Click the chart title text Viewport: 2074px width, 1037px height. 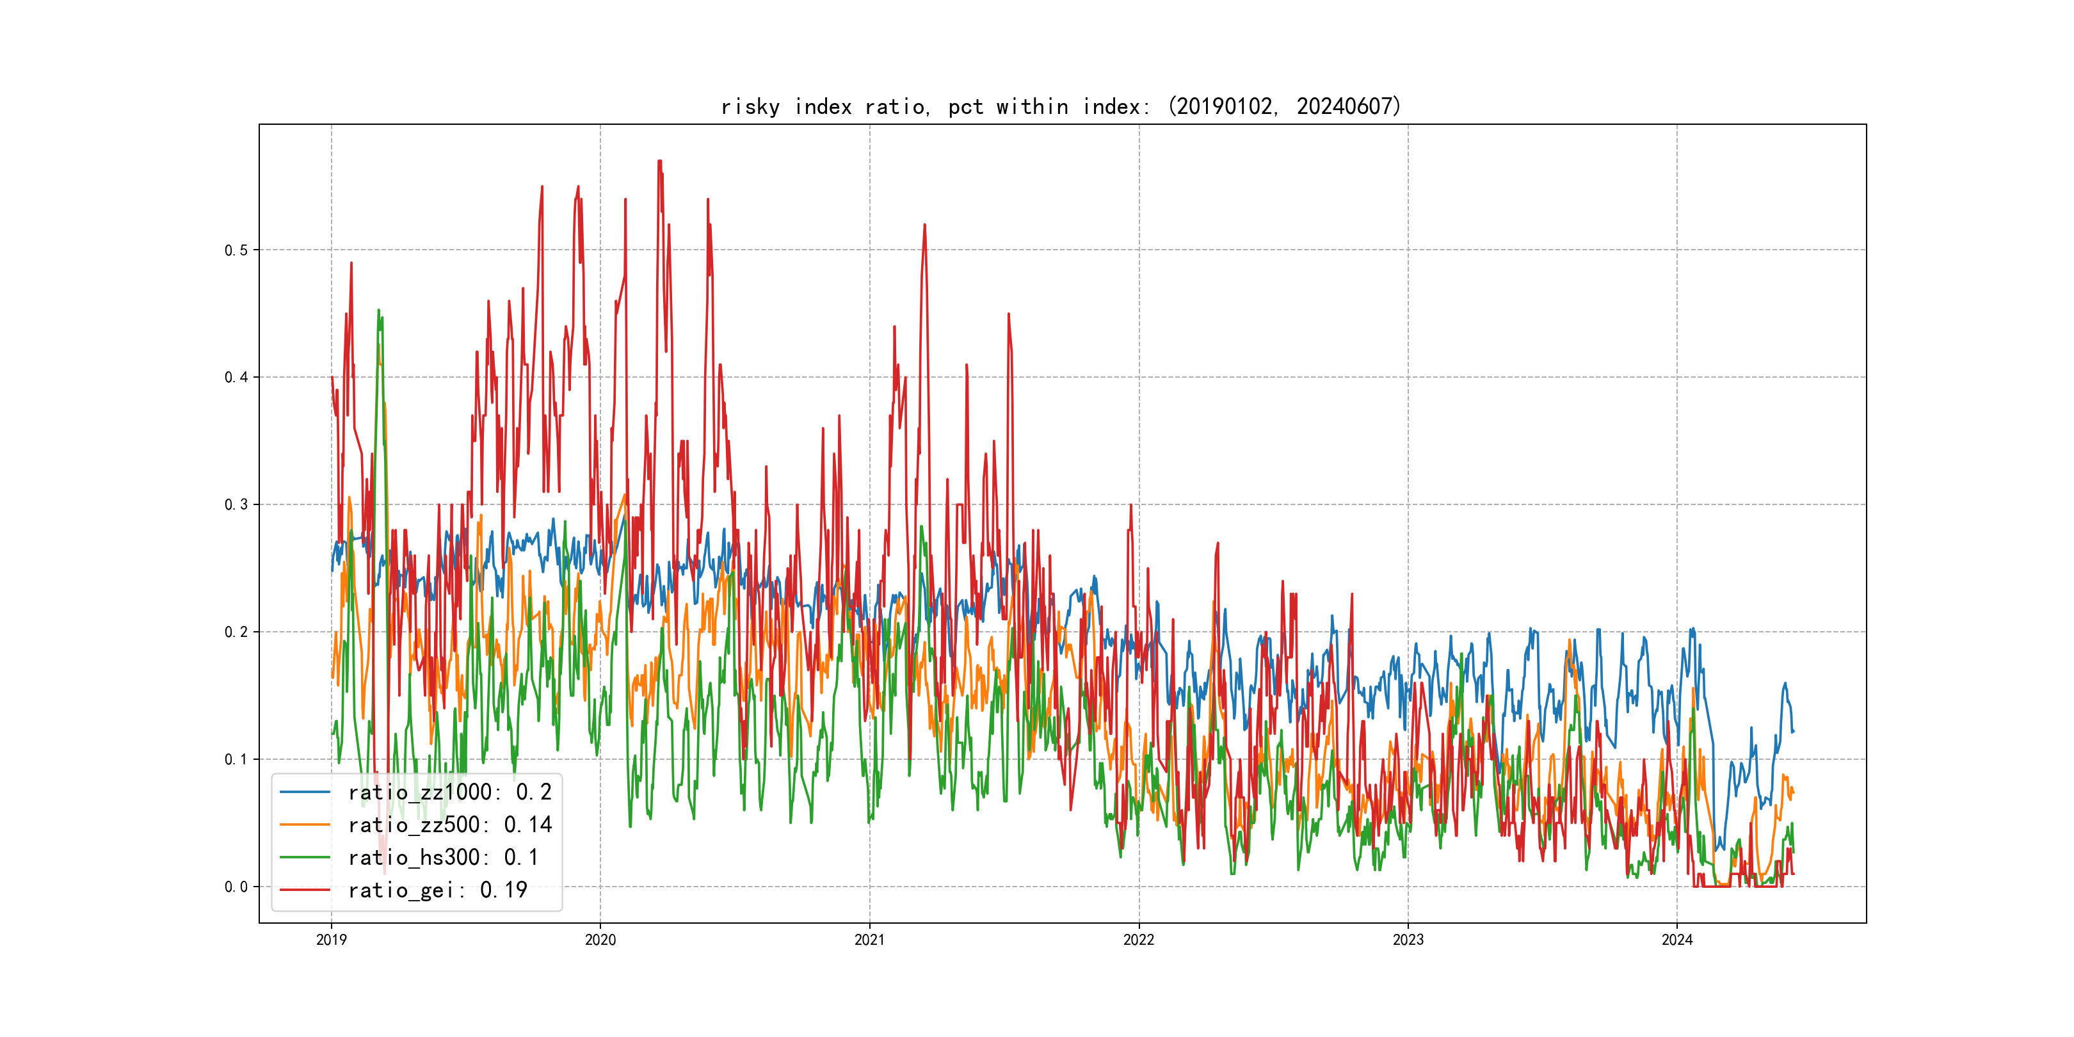(x=1061, y=106)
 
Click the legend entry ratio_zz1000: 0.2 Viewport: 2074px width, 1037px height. (x=449, y=792)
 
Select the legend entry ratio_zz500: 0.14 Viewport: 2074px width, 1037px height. (x=449, y=824)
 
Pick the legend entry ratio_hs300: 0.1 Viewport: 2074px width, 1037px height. (x=443, y=858)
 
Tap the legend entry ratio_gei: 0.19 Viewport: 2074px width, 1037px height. (x=437, y=890)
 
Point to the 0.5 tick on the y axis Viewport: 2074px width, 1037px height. (x=236, y=250)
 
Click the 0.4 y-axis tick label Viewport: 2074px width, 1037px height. (x=236, y=378)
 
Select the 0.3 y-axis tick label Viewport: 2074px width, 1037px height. (x=236, y=505)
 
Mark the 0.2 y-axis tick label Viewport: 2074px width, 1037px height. (x=236, y=632)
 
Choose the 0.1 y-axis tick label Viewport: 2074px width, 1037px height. (x=236, y=759)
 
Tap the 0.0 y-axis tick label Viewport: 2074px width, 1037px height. (x=236, y=887)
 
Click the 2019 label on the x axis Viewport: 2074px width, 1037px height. (x=331, y=940)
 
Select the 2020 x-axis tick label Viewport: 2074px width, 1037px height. (x=600, y=940)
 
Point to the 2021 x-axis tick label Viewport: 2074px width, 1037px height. (x=869, y=940)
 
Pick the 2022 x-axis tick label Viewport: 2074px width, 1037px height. (x=1138, y=940)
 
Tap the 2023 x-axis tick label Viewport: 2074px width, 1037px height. (x=1408, y=940)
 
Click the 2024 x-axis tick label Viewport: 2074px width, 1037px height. (x=1677, y=940)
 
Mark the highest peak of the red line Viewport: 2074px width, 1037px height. (x=659, y=161)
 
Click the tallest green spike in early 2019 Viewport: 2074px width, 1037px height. (x=378, y=310)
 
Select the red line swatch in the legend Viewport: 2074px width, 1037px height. (x=304, y=890)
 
